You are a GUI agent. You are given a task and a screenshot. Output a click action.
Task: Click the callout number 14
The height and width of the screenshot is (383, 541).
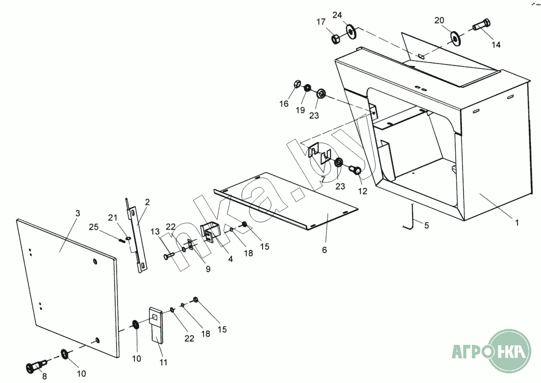(496, 44)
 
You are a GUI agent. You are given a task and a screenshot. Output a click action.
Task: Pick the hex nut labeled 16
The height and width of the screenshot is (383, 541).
(297, 85)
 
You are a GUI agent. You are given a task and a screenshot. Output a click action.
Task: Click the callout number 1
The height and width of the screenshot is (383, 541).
(516, 223)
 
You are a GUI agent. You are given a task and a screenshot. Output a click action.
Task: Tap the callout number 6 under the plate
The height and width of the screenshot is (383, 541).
(324, 250)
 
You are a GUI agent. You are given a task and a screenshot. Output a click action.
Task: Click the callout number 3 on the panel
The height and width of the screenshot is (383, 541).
(78, 213)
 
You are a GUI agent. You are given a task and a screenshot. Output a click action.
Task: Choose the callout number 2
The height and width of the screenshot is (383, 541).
(147, 202)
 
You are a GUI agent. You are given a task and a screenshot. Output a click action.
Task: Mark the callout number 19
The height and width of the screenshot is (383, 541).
(300, 110)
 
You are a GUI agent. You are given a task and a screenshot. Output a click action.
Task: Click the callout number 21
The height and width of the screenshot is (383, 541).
(112, 217)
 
